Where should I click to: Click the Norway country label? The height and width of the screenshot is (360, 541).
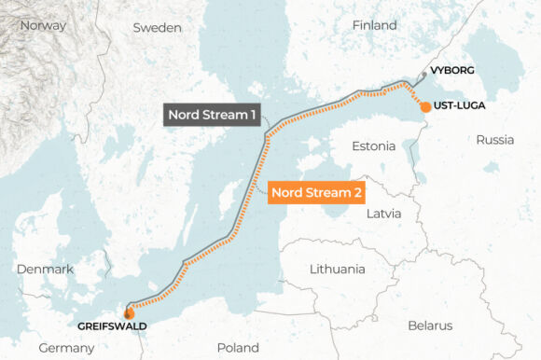click(x=43, y=25)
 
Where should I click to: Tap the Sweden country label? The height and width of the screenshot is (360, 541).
click(x=157, y=28)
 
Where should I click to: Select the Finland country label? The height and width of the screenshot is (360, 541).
click(x=374, y=25)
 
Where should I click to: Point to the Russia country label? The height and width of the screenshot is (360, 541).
click(x=494, y=140)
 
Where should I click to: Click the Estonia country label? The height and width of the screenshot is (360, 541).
click(x=373, y=146)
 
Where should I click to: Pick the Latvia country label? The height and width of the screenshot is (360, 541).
click(x=383, y=213)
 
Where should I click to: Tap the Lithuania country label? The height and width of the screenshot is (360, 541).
click(x=337, y=269)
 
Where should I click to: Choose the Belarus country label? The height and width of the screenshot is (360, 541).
click(x=429, y=325)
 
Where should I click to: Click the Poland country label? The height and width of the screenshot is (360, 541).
click(x=238, y=347)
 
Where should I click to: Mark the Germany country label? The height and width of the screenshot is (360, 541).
click(x=66, y=347)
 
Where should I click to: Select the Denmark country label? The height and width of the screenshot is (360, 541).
click(x=45, y=269)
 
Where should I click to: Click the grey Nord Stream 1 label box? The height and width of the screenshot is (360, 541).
click(x=212, y=115)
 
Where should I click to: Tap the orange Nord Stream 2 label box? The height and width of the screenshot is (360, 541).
click(x=315, y=193)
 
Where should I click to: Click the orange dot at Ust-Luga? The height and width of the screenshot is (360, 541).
click(x=425, y=107)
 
